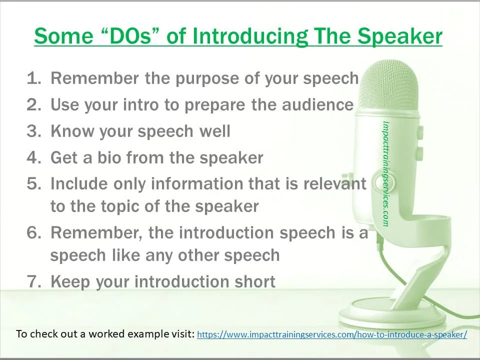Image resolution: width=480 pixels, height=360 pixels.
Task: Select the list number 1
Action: [33, 78]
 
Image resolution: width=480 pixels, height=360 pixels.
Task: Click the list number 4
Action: [33, 157]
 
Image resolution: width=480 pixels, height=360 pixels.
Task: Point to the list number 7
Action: [33, 281]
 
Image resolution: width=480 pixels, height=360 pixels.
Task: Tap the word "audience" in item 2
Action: [318, 104]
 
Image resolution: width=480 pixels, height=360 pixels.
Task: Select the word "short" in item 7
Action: [255, 281]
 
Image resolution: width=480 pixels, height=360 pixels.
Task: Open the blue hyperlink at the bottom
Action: [332, 334]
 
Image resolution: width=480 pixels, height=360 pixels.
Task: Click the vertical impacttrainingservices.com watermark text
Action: [385, 174]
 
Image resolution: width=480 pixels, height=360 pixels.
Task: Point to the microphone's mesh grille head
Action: [389, 85]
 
